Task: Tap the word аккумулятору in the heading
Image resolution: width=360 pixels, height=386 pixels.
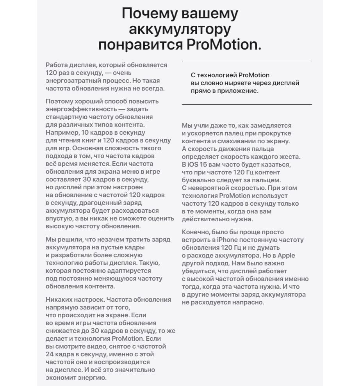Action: [x=180, y=29]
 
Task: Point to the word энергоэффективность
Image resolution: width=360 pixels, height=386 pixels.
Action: [x=76, y=109]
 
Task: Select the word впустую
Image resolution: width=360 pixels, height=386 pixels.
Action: [x=58, y=218]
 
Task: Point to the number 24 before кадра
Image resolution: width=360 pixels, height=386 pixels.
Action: [x=50, y=354]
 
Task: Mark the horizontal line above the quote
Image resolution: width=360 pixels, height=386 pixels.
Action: [x=247, y=61]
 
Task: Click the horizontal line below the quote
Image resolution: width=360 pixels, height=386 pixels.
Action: [x=247, y=104]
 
